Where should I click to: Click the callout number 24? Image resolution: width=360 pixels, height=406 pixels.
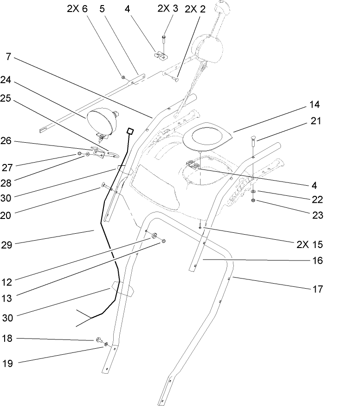click(6, 79)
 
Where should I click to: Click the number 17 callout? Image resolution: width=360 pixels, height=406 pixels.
click(317, 289)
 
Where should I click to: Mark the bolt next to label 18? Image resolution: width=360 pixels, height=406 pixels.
click(98, 340)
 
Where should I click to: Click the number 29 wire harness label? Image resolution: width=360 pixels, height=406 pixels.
click(6, 244)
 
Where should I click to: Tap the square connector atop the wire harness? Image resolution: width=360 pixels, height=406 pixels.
click(130, 132)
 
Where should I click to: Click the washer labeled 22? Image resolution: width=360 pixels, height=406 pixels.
click(254, 192)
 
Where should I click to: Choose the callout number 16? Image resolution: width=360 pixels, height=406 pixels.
click(317, 261)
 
